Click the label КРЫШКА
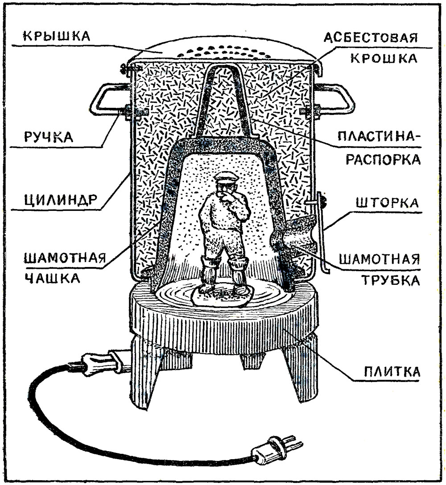[x=57, y=36]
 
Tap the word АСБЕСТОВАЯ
[x=371, y=37]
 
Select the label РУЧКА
[x=49, y=137]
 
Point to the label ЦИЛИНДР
[x=61, y=200]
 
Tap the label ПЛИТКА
[x=392, y=371]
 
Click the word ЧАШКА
[x=52, y=278]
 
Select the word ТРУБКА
[x=391, y=280]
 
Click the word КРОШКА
[x=384, y=58]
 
